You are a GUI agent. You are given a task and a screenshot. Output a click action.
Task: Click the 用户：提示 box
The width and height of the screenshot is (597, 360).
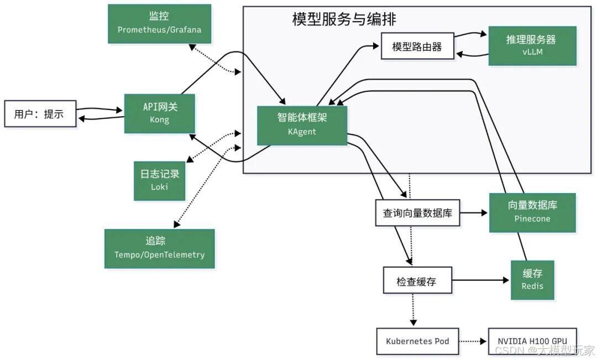(x=40, y=114)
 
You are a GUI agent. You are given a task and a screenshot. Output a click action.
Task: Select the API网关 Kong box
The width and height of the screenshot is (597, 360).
(x=160, y=113)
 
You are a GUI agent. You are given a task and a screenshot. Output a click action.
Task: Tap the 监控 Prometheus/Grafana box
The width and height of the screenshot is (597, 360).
(x=159, y=24)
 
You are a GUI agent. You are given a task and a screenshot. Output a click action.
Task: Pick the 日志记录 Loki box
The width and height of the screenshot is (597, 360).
(x=159, y=180)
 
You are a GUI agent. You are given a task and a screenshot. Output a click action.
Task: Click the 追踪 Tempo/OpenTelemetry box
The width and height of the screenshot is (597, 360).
(x=159, y=248)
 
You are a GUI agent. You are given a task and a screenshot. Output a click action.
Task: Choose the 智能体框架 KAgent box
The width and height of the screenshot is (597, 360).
(x=302, y=125)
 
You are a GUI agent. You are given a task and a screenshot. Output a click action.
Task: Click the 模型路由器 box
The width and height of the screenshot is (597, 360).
(x=417, y=47)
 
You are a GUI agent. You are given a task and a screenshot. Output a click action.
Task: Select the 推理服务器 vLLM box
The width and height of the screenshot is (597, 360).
(x=532, y=46)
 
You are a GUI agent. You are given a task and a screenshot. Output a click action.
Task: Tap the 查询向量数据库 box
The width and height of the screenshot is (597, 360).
(x=417, y=213)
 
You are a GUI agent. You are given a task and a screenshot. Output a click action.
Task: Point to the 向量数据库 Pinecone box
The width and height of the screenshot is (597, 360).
(x=532, y=212)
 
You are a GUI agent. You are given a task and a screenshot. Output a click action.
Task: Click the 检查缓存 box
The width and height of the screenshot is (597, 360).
(x=417, y=281)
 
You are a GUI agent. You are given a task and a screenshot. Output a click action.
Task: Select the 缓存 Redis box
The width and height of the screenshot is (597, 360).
(x=532, y=280)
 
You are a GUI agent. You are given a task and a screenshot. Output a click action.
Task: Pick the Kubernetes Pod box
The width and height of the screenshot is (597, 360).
(x=417, y=341)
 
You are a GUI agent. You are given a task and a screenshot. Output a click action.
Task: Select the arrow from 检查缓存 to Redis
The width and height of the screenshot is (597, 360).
(x=480, y=280)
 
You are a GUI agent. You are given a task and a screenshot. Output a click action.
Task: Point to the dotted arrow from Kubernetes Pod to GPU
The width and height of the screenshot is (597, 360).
(x=474, y=341)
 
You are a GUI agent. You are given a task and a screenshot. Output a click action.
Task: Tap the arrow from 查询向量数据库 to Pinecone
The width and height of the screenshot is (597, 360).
(x=474, y=212)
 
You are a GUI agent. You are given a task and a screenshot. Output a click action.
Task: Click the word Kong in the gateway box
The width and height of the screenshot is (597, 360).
(x=160, y=120)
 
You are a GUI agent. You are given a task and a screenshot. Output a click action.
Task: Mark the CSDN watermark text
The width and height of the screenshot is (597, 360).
(x=544, y=351)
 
